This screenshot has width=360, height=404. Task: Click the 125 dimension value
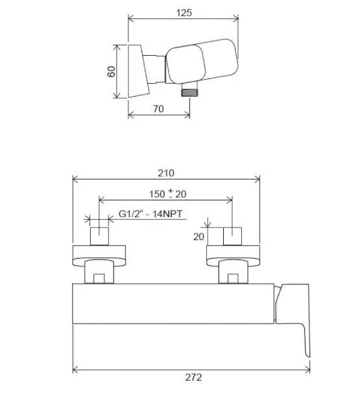(x=184, y=12)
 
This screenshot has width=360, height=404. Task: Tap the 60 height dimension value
(x=112, y=71)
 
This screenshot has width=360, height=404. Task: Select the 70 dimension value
(x=158, y=109)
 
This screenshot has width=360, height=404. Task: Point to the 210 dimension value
(x=166, y=173)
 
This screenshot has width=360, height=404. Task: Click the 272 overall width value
(x=193, y=377)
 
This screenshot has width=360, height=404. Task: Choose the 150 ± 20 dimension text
(x=168, y=194)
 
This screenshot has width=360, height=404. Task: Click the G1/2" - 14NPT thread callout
(x=150, y=214)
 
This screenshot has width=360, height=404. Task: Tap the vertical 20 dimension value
(x=198, y=237)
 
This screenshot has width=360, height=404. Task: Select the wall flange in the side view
(x=138, y=71)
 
